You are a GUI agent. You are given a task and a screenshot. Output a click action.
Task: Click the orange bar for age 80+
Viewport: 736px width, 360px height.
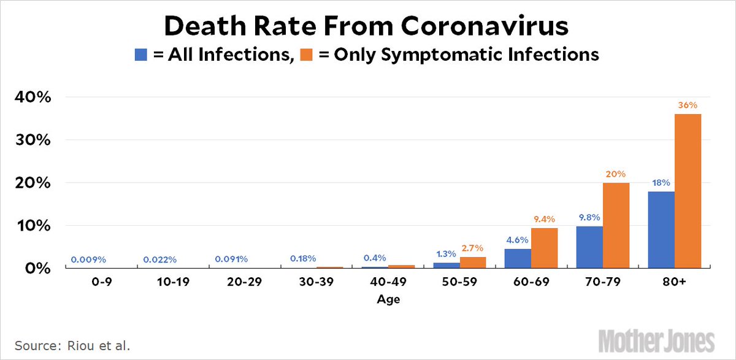click(x=688, y=191)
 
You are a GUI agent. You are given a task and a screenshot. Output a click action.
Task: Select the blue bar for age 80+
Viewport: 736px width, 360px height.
click(x=661, y=229)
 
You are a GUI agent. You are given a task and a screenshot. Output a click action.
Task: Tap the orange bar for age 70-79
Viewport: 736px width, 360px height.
click(x=616, y=225)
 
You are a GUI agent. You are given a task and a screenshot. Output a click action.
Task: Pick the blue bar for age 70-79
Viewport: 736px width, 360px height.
click(x=589, y=247)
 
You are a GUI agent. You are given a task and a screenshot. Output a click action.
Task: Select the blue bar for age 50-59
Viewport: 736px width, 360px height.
click(x=446, y=265)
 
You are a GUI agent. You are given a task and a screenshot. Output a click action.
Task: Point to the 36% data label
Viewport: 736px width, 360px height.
click(x=688, y=105)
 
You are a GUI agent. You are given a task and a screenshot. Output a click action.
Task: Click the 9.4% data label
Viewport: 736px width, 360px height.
click(x=545, y=219)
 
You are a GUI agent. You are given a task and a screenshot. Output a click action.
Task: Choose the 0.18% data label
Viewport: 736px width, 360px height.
click(x=303, y=259)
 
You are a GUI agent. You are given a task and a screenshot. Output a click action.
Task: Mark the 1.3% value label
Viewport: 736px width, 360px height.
click(x=446, y=253)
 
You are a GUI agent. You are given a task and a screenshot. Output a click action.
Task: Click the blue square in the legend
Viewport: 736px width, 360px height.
click(x=142, y=55)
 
